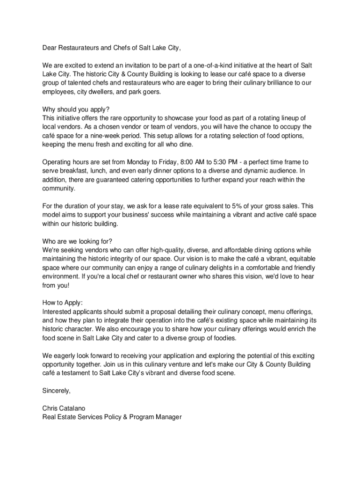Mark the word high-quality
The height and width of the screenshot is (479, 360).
click(168, 250)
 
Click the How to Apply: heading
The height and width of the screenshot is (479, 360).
click(62, 303)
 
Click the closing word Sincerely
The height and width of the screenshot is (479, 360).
click(56, 391)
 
